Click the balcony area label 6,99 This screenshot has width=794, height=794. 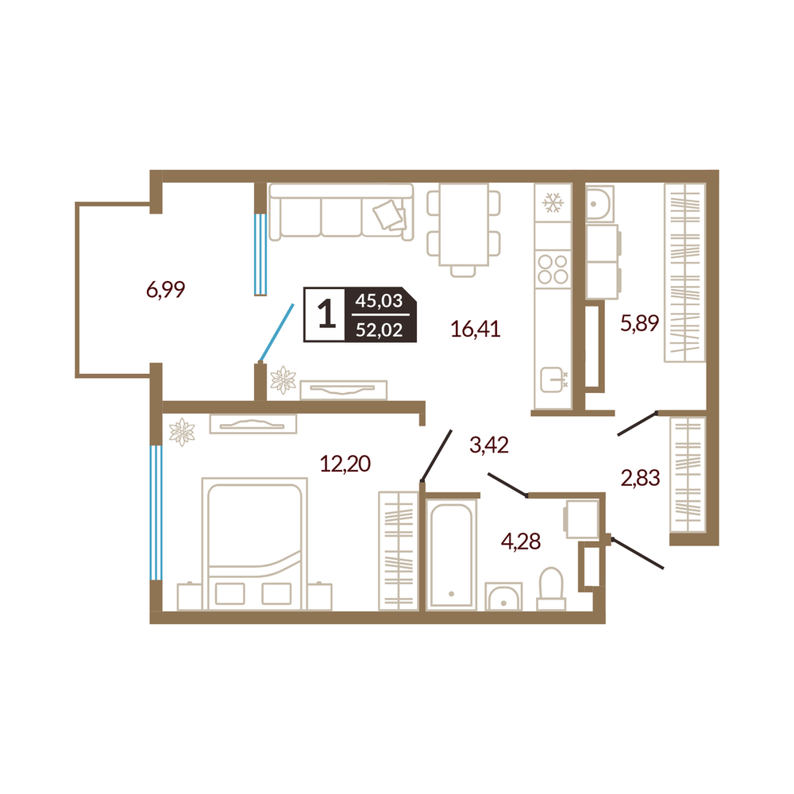tap(166, 290)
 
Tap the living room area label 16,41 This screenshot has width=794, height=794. tap(476, 330)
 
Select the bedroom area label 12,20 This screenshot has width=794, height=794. tap(345, 464)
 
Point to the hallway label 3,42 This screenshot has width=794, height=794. tap(489, 445)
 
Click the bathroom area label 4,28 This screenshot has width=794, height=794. tap(521, 542)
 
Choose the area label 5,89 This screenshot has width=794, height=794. tap(639, 322)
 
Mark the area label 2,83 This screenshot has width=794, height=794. tap(641, 477)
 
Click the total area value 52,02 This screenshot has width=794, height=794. tap(380, 330)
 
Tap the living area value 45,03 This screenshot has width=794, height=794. tap(379, 300)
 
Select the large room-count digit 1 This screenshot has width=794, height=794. tap(326, 314)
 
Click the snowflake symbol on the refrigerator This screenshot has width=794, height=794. tap(553, 202)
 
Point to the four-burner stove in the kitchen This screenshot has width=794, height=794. tap(553, 269)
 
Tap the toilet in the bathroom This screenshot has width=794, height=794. tap(551, 589)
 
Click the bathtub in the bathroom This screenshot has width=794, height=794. tap(451, 553)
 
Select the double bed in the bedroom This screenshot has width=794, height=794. tap(254, 543)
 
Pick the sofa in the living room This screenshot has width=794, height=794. tap(341, 212)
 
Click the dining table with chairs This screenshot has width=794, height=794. tap(464, 230)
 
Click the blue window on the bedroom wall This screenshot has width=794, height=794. tap(156, 512)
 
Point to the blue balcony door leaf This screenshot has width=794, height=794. tap(276, 332)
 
